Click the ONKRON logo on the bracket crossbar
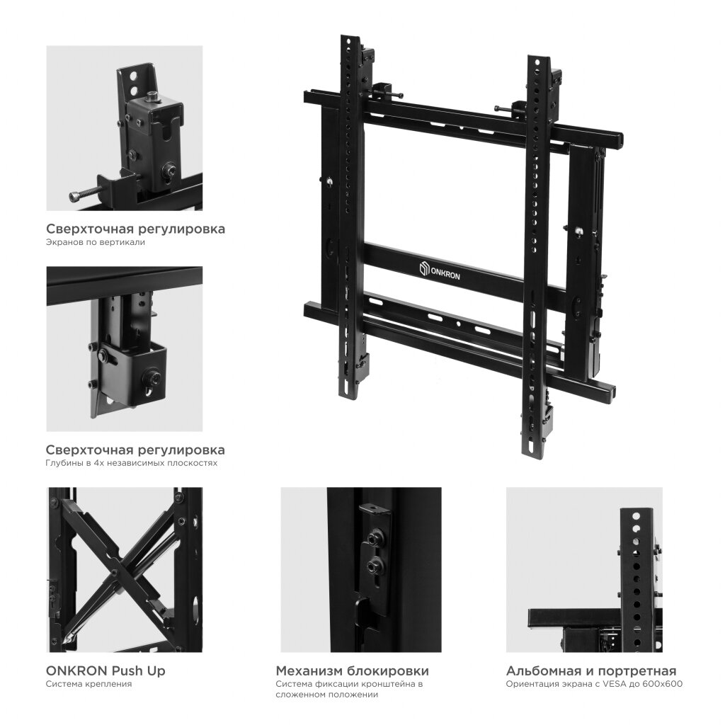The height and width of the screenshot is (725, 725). [440, 271]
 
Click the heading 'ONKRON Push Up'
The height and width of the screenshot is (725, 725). [105, 670]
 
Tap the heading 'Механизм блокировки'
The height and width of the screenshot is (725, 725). [353, 670]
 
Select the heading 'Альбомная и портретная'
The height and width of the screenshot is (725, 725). [591, 670]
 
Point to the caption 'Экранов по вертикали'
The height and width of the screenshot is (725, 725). [96, 242]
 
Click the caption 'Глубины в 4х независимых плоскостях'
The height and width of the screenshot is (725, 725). [131, 463]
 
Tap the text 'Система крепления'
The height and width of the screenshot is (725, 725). [89, 684]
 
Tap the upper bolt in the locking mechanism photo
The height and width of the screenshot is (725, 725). [373, 538]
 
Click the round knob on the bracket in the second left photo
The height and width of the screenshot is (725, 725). [152, 377]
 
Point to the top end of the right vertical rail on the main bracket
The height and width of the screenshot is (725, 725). [539, 57]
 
